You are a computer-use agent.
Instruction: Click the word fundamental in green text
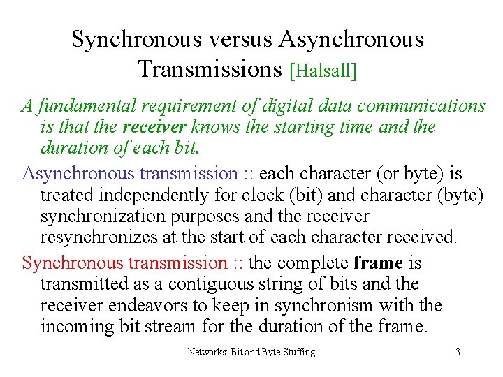87,106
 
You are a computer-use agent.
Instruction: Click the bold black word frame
379,263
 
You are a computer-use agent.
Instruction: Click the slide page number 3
458,352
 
